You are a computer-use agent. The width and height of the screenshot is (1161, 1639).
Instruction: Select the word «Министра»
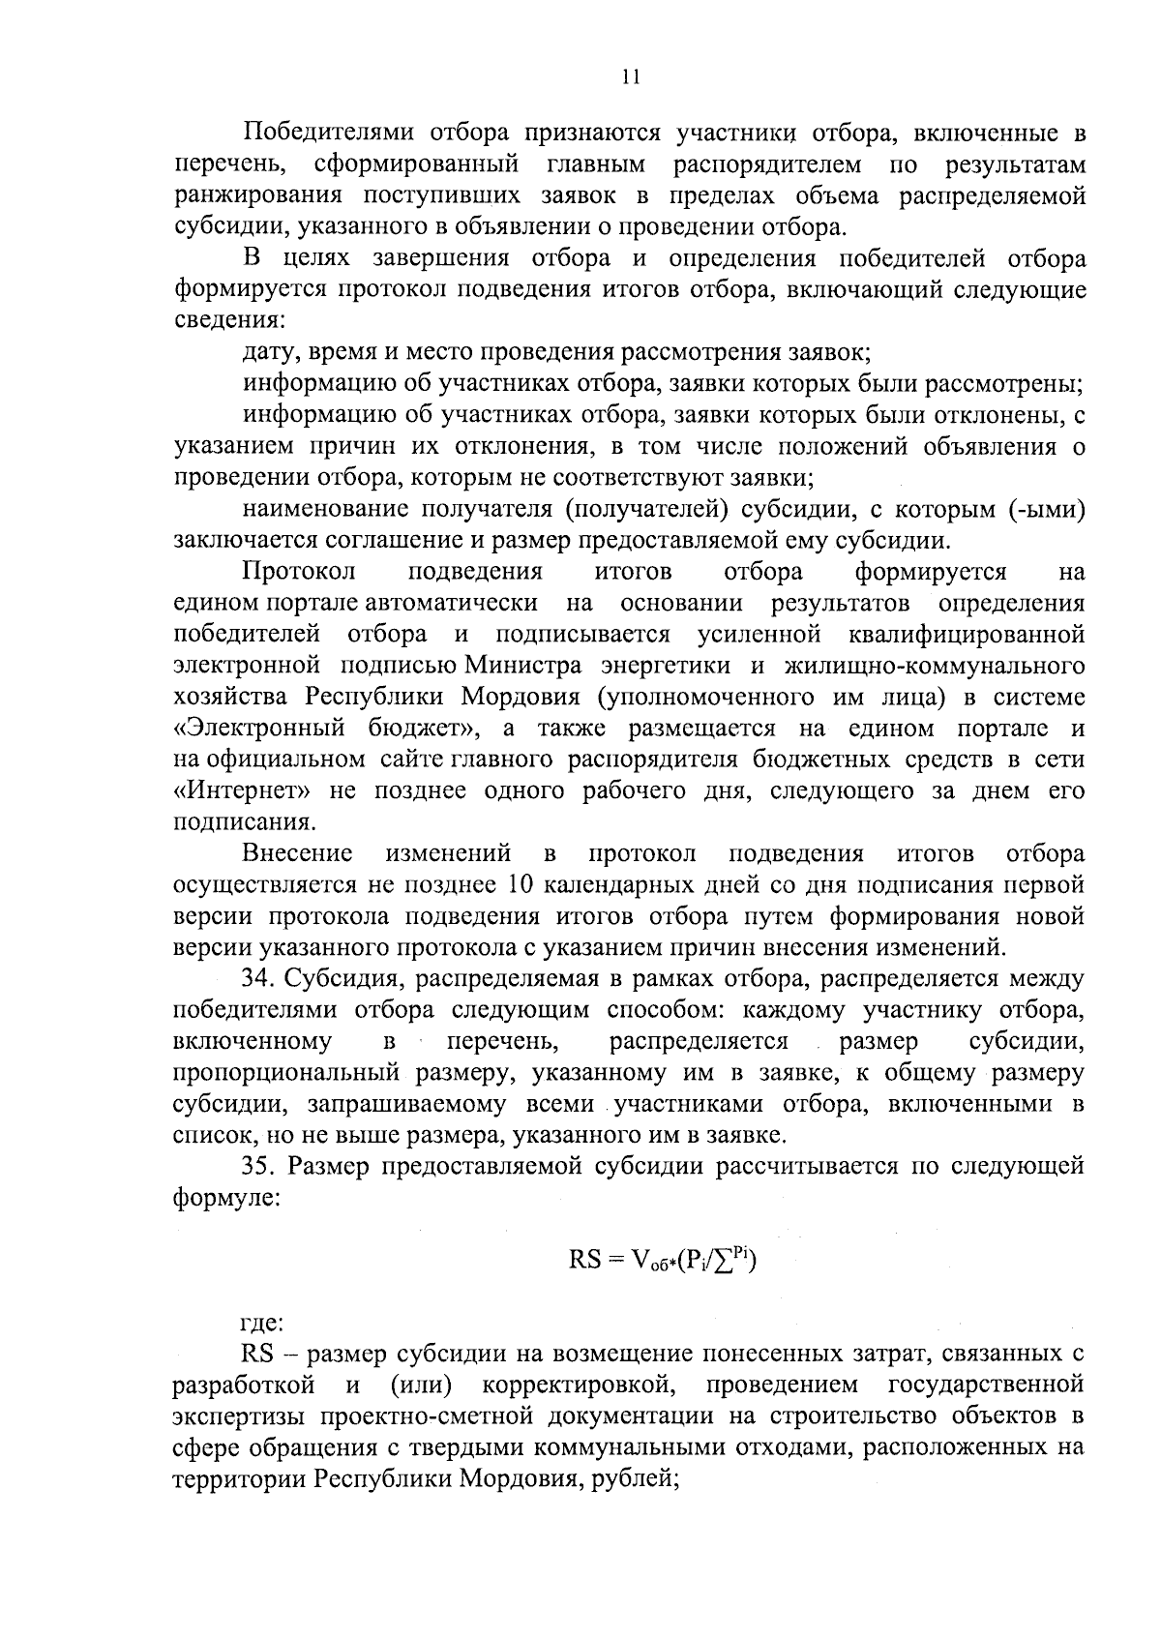pyautogui.click(x=523, y=667)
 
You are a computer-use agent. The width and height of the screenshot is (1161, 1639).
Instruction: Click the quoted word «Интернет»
pyautogui.click(x=242, y=790)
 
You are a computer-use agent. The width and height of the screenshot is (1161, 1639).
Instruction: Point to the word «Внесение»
pyautogui.click(x=297, y=854)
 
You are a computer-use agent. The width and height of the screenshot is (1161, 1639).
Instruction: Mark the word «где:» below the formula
pyautogui.click(x=261, y=1323)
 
